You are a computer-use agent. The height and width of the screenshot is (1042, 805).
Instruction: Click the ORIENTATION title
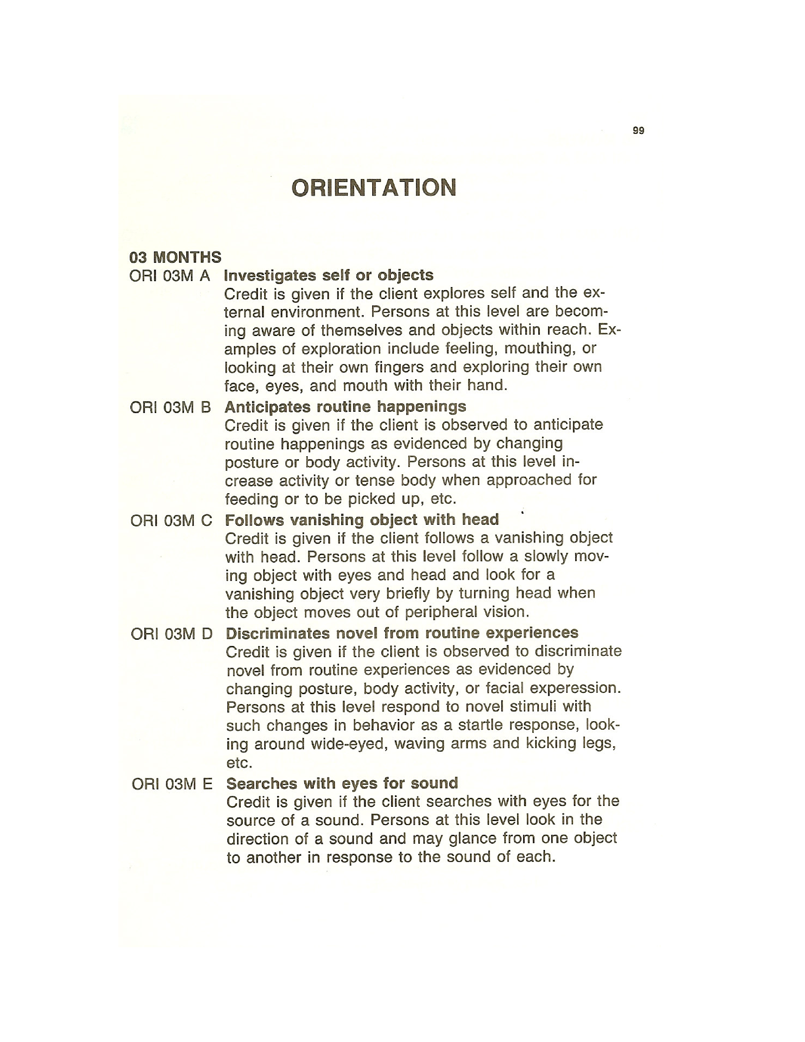374,188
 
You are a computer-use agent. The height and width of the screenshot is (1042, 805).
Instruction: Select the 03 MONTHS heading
175,258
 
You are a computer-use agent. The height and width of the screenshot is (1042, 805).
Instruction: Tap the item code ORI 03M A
170,276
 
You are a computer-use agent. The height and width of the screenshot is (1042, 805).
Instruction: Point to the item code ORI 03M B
170,407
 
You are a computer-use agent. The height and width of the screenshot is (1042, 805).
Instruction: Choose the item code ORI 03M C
171,520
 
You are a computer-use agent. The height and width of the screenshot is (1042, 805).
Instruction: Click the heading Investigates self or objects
329,275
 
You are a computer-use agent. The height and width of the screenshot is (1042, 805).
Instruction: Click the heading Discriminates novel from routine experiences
402,633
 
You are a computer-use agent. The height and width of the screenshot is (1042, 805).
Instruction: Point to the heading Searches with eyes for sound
342,783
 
